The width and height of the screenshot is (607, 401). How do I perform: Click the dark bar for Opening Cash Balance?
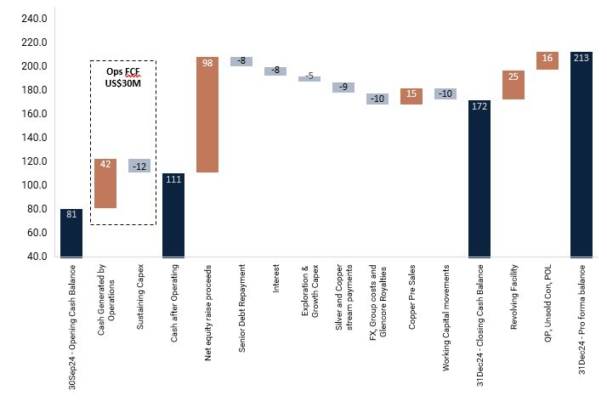click(x=71, y=232)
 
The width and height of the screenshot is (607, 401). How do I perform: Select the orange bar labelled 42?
click(x=105, y=184)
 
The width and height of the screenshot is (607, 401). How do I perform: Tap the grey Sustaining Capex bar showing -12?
click(x=139, y=166)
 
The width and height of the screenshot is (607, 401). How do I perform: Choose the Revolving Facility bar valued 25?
click(x=513, y=85)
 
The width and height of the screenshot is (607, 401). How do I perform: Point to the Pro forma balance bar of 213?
click(x=581, y=154)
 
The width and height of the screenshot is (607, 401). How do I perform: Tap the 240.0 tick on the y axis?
click(x=33, y=19)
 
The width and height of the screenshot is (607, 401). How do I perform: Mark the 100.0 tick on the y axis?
click(x=33, y=185)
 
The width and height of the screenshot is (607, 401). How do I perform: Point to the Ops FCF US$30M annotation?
click(x=123, y=78)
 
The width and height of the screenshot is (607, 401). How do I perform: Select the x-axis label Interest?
click(x=276, y=280)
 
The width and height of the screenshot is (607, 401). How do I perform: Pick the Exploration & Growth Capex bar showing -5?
click(x=309, y=77)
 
